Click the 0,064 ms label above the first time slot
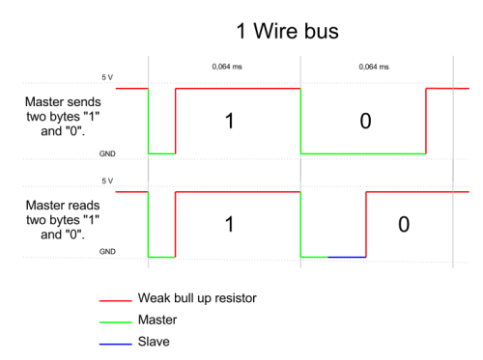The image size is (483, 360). coord(226,68)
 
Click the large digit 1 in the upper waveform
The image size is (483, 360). coord(229,121)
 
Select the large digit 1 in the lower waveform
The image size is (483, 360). coord(229,224)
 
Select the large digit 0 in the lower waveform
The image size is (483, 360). coord(404,224)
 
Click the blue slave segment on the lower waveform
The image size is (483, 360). coord(347,258)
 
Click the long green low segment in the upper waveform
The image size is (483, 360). coord(362,153)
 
